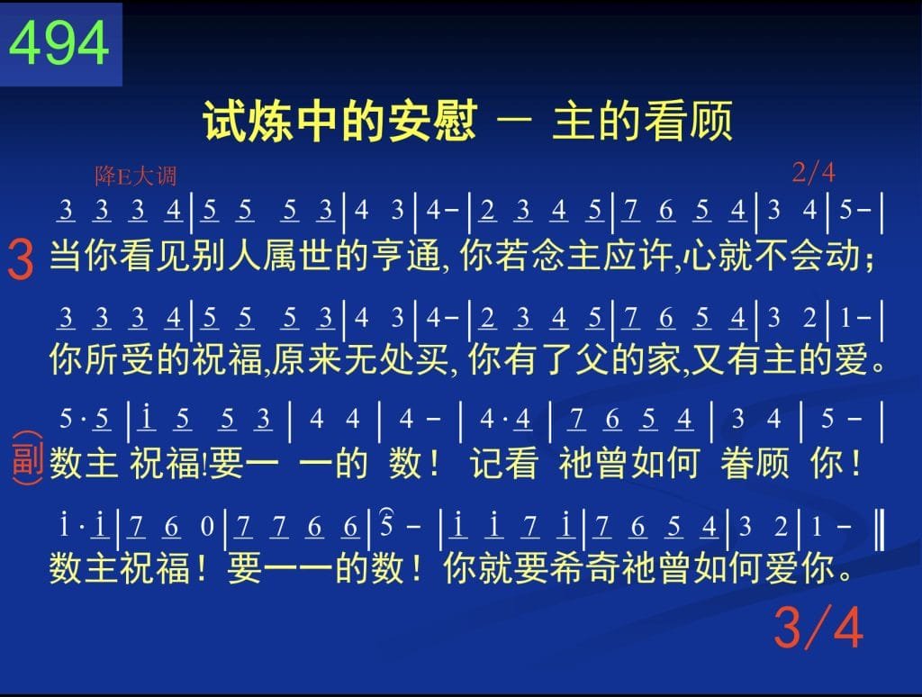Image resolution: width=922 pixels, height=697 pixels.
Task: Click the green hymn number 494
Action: pos(59,43)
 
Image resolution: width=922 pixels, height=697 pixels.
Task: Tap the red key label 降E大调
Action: pos(136,176)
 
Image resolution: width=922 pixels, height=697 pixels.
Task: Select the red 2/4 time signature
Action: pos(813,172)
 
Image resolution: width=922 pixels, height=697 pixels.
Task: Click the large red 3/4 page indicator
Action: pos(818,627)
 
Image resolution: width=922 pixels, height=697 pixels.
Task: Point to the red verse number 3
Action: pos(21,259)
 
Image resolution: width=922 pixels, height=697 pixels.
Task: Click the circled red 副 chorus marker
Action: pos(27,458)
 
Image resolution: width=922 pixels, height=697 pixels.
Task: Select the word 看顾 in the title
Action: pos(688,122)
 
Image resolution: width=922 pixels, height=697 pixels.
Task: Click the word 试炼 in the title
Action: pos(248,122)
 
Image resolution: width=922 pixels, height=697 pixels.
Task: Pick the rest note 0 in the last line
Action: pos(207,526)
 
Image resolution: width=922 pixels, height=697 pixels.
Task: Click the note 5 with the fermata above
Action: pos(386,525)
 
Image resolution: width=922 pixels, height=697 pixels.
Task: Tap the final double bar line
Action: pos(880,530)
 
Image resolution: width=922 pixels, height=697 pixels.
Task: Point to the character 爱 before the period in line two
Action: pos(851,359)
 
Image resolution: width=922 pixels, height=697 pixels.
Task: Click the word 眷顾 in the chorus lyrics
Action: pos(755,463)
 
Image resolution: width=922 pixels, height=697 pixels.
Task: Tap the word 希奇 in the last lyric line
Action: pos(585,567)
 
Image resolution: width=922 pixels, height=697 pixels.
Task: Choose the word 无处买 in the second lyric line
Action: pos(396,359)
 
